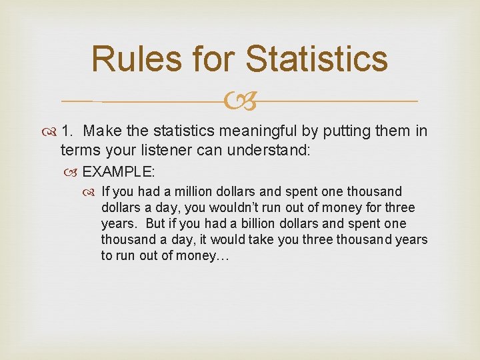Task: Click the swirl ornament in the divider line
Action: point(241,101)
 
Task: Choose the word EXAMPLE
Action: point(118,172)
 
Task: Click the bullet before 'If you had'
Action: point(93,192)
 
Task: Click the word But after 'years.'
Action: point(156,224)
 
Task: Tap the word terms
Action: point(77,150)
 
